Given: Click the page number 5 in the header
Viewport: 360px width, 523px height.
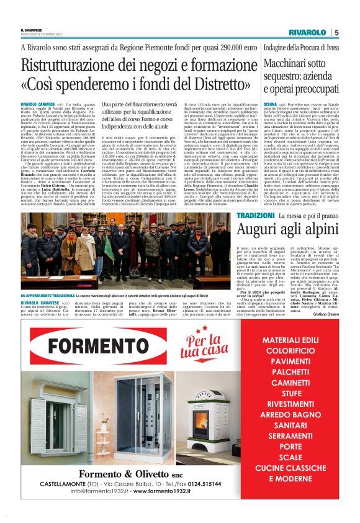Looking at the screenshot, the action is (x=336, y=32).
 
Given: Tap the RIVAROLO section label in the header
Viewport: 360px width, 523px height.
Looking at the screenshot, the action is (x=306, y=32).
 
